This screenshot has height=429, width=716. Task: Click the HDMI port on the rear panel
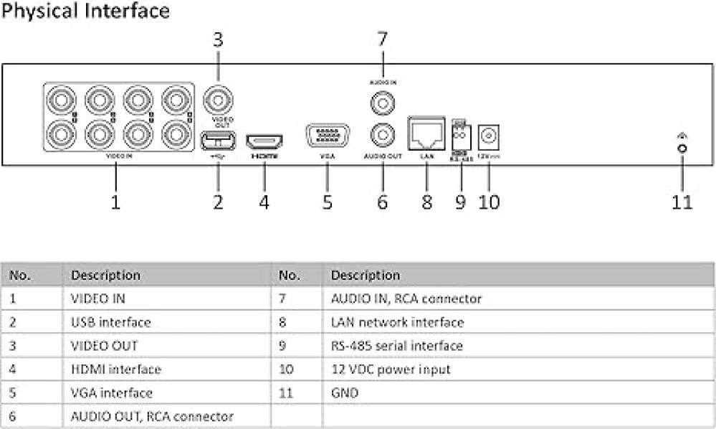[x=264, y=139]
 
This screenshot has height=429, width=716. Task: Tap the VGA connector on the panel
[x=327, y=136]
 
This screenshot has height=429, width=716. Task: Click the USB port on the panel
[x=219, y=138]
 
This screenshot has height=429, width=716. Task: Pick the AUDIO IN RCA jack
[x=382, y=103]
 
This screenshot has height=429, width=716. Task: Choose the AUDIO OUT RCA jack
[x=382, y=133]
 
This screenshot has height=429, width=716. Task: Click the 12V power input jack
[x=489, y=135]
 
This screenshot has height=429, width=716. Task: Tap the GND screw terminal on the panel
[x=682, y=148]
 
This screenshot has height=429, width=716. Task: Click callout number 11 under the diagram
[x=682, y=202]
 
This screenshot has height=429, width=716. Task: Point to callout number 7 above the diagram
[x=382, y=39]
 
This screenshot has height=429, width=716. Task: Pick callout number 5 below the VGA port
[x=327, y=202]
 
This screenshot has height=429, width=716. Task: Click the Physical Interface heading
[x=86, y=11]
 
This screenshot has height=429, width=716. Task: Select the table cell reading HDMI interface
[x=115, y=369]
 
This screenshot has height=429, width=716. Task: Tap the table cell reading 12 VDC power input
[x=390, y=369]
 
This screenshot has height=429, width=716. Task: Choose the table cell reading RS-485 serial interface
[x=396, y=346]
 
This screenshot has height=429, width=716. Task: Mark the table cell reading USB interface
[x=110, y=322]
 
